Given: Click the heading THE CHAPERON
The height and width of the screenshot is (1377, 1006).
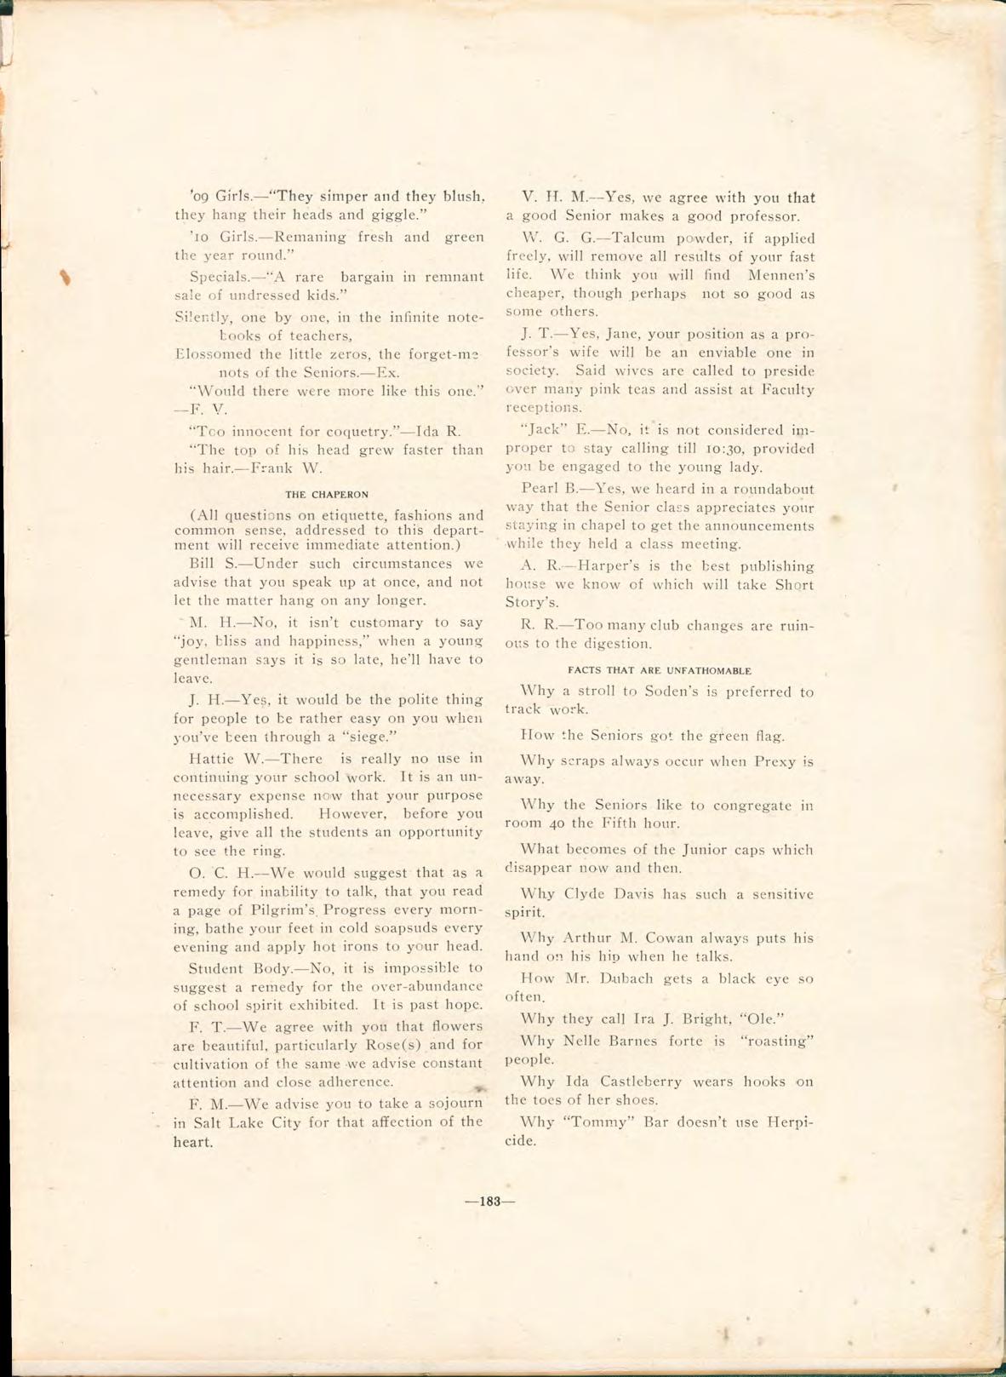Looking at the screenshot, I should [x=327, y=494].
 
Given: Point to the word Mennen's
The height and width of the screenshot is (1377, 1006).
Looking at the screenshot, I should [x=781, y=275].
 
